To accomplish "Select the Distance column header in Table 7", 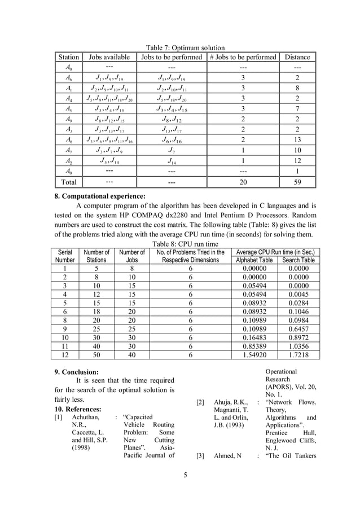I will click(x=297, y=57).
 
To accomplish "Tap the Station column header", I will click(x=68, y=57).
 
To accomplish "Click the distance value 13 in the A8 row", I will click(x=297, y=139).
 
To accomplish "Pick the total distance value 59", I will click(x=297, y=182).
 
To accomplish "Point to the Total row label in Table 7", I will click(x=68, y=182).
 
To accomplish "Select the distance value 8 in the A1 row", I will click(x=297, y=88).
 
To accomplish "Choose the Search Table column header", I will click(x=298, y=260).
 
